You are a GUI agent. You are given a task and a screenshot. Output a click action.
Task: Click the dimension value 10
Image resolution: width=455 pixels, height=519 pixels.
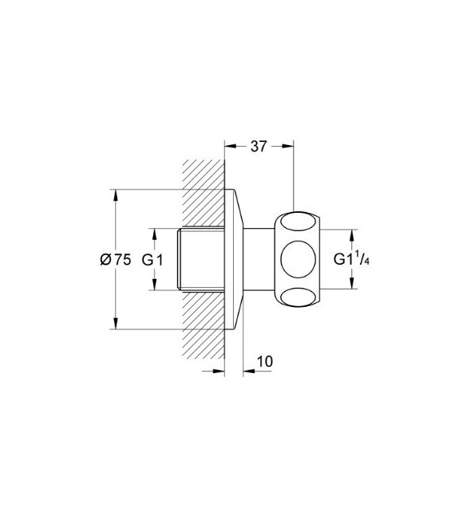(265, 360)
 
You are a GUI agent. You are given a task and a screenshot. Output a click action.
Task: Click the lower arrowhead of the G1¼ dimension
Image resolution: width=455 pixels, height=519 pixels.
(349, 285)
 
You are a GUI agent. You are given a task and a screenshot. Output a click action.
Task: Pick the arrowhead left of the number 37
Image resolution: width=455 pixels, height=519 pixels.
(231, 146)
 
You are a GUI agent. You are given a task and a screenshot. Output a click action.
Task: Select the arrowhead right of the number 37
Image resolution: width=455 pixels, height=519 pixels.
(290, 146)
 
